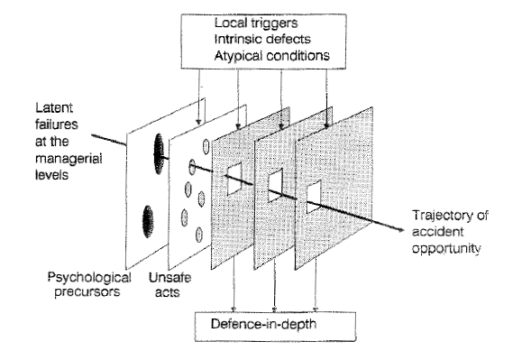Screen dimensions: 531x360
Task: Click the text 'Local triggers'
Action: tap(256, 23)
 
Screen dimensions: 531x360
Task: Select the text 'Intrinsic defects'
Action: tap(262, 39)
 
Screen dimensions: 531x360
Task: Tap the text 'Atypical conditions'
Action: tap(272, 56)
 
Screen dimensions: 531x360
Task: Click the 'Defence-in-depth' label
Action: tap(263, 324)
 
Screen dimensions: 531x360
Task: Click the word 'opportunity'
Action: tap(446, 248)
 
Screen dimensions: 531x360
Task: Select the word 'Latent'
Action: tap(54, 107)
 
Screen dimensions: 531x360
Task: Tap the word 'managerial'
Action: tap(69, 158)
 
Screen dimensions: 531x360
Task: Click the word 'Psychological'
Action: tap(89, 278)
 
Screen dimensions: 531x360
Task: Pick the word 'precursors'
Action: tap(87, 291)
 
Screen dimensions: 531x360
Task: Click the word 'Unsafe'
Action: tap(169, 278)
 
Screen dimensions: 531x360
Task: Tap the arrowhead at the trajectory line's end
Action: tap(400, 230)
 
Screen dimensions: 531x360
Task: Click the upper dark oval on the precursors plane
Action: tap(159, 153)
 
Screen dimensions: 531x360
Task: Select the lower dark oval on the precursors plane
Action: tap(148, 221)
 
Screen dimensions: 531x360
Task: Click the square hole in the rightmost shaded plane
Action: tap(314, 197)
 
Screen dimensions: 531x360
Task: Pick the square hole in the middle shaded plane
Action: tap(276, 186)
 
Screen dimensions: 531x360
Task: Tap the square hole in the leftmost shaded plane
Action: tap(234, 179)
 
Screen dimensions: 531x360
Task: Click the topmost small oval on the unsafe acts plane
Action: tap(206, 146)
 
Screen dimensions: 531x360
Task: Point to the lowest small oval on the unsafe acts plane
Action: tap(199, 235)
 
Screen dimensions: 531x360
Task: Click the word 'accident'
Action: tap(437, 232)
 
